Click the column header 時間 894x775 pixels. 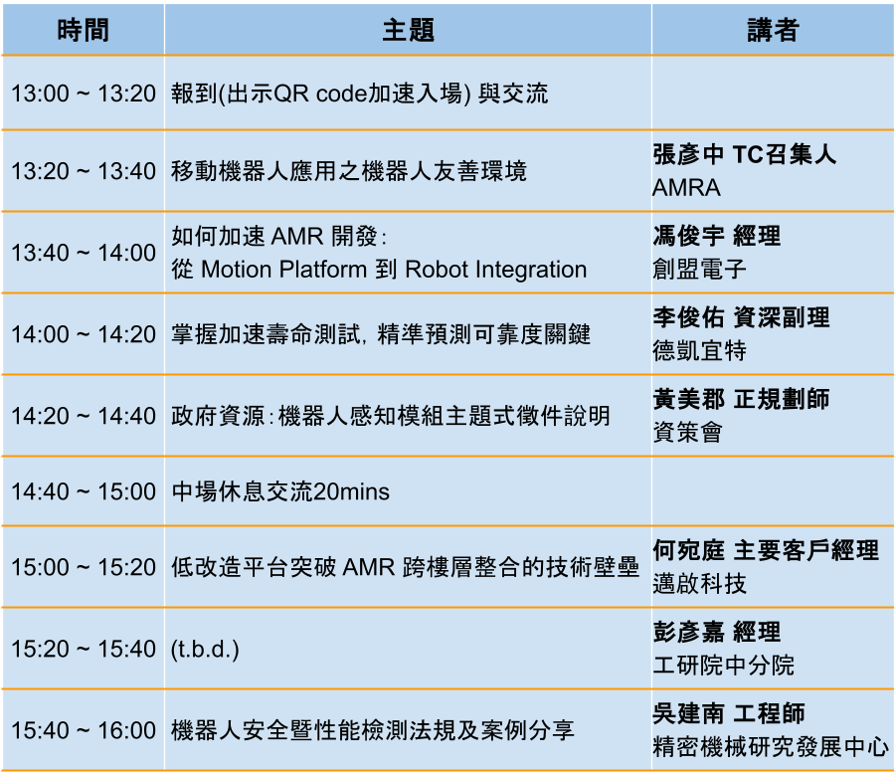point(84,30)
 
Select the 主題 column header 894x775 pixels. point(409,30)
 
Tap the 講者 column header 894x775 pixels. point(773,30)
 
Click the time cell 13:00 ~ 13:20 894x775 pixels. point(84,94)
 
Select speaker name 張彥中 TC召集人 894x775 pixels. point(744,154)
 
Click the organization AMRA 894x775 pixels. point(686,188)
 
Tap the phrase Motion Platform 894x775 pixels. point(284,270)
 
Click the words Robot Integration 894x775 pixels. point(495,270)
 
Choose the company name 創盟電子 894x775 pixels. point(699,270)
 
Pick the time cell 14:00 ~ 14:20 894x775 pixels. point(84,334)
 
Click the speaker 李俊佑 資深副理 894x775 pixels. point(741,317)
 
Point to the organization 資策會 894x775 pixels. point(687,432)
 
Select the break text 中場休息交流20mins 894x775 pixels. point(280,491)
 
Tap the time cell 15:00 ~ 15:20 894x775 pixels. point(84,567)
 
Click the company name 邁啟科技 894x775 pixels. point(699,584)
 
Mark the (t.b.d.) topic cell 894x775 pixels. point(205,649)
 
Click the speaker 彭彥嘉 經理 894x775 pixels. point(717,632)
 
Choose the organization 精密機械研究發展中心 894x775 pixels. point(771,747)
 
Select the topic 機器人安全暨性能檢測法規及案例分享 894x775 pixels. point(372,730)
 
